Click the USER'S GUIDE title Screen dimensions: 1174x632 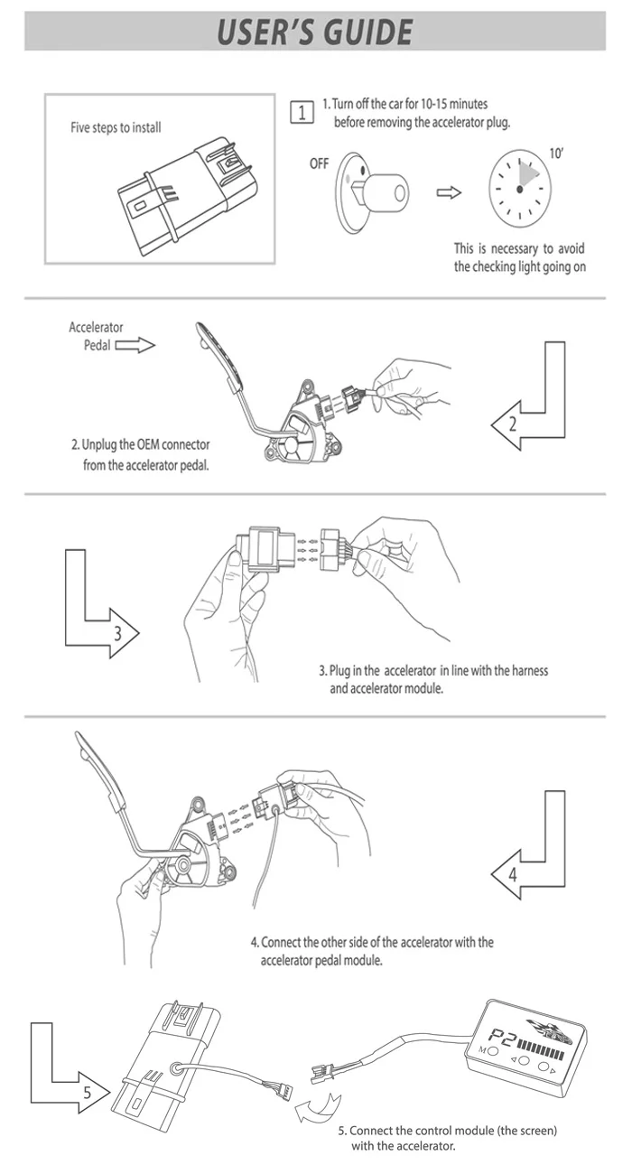click(x=315, y=32)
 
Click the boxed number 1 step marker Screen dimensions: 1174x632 click(x=302, y=112)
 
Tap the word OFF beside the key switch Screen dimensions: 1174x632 click(x=320, y=164)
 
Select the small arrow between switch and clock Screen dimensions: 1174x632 click(x=449, y=192)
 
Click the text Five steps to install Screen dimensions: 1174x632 click(x=116, y=128)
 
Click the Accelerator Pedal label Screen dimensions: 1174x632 click(x=95, y=336)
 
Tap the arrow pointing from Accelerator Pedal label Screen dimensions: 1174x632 click(x=135, y=345)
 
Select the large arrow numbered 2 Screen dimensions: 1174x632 click(x=533, y=406)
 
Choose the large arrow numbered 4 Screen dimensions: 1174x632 click(x=533, y=853)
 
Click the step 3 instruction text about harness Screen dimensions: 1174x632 click(x=433, y=679)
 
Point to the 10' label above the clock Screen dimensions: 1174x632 click(x=556, y=154)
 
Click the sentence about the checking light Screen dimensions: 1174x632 click(x=519, y=257)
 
